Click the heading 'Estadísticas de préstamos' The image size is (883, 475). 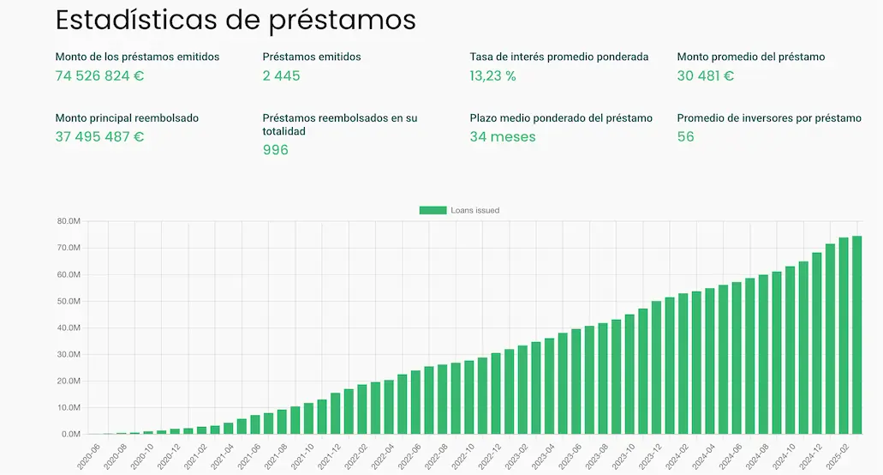tap(236, 21)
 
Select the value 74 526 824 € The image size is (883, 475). tap(99, 75)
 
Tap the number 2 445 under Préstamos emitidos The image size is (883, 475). tap(281, 75)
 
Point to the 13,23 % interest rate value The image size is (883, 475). tap(492, 75)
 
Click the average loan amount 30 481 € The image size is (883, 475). tap(705, 75)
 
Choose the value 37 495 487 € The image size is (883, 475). tap(99, 136)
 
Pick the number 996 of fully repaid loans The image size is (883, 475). tap(275, 150)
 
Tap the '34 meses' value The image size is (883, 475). tap(503, 136)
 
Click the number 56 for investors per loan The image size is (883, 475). tap(685, 136)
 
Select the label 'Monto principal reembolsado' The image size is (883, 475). tap(127, 118)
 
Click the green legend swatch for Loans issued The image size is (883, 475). tap(433, 210)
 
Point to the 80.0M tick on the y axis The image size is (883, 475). tap(68, 221)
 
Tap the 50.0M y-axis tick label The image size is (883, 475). tap(68, 301)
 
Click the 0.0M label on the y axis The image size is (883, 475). tap(70, 435)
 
